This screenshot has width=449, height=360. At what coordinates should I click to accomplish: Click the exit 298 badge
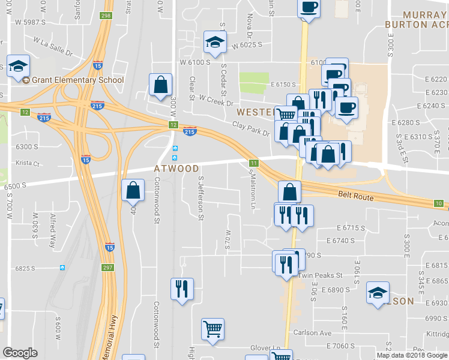(106, 16)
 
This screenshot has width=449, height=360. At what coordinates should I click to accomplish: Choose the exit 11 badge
(254, 163)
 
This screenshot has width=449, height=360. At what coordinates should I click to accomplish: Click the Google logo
(20, 353)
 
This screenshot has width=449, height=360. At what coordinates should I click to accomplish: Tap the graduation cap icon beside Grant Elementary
(19, 66)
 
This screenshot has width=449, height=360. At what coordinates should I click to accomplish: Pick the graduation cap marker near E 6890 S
(378, 293)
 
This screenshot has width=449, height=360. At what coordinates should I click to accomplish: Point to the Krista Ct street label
(28, 163)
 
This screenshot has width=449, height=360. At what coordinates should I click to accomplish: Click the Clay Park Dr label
(251, 128)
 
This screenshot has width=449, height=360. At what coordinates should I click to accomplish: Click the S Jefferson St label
(200, 197)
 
